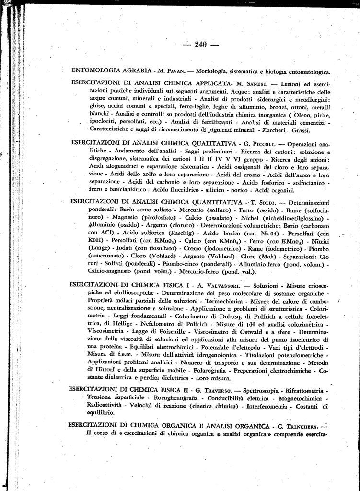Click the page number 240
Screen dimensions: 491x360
200,45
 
